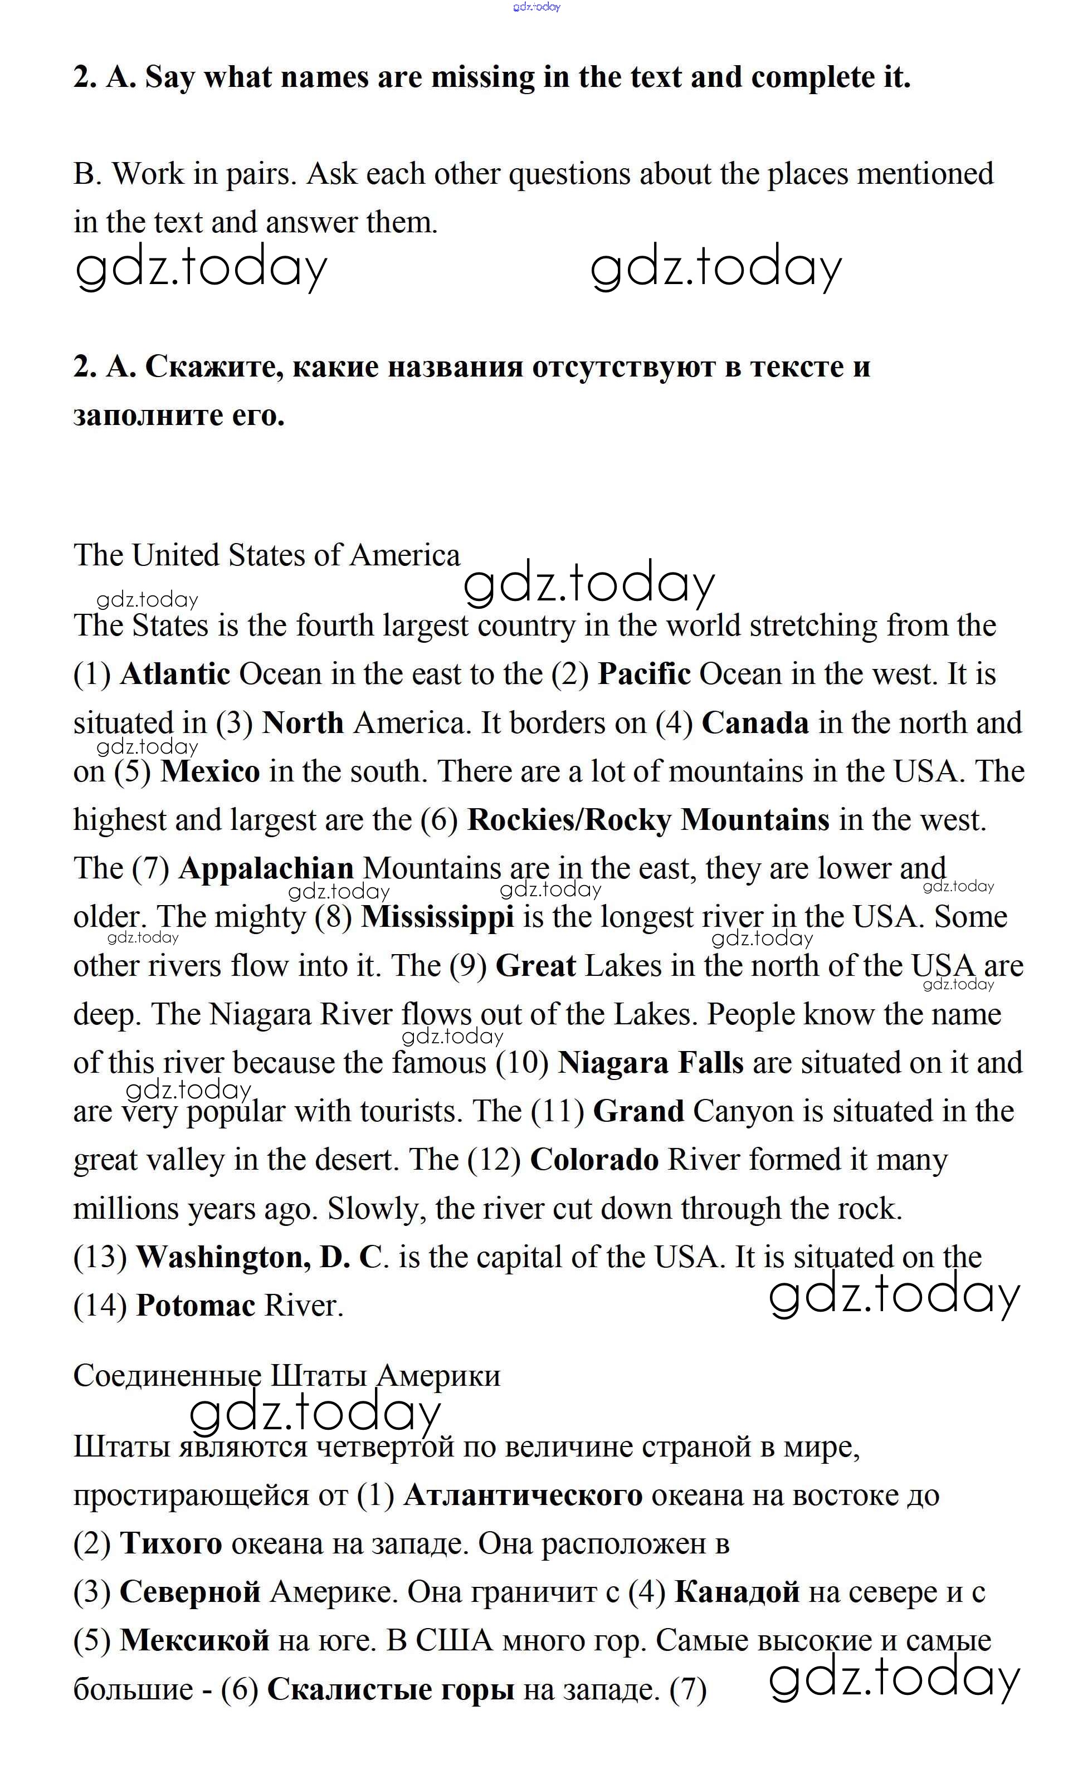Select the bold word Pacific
(x=643, y=674)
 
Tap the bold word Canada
(x=755, y=723)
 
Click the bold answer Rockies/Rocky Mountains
(x=648, y=820)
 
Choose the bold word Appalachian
(x=266, y=869)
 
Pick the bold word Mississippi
(x=437, y=917)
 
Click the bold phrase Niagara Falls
(x=650, y=1063)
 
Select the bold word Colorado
(x=594, y=1160)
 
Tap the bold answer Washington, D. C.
(x=261, y=1257)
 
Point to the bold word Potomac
(x=196, y=1306)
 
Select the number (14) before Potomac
(x=100, y=1306)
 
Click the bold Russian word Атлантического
(x=523, y=1496)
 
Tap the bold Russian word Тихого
(x=170, y=1543)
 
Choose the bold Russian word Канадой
(x=737, y=1592)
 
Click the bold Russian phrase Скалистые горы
(x=391, y=1689)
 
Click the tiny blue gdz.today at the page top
(x=536, y=7)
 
